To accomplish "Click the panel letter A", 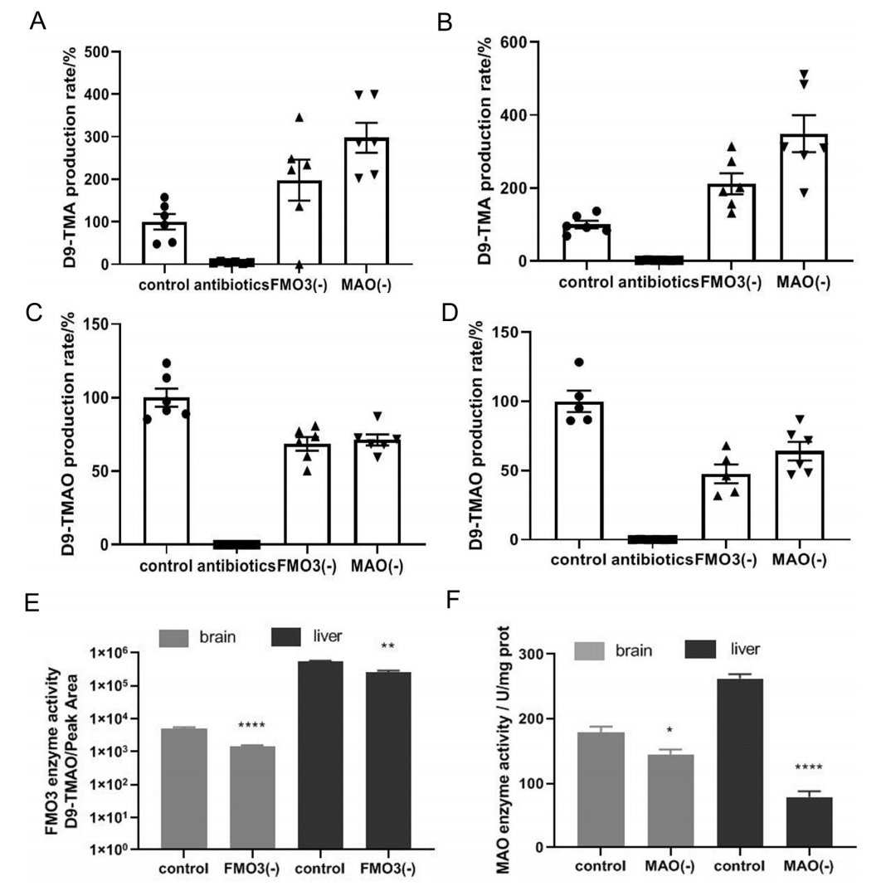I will tap(37, 22).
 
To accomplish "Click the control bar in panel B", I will tap(586, 241).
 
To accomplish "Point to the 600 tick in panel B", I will tap(508, 41).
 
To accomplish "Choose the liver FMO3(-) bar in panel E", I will tap(388, 760).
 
